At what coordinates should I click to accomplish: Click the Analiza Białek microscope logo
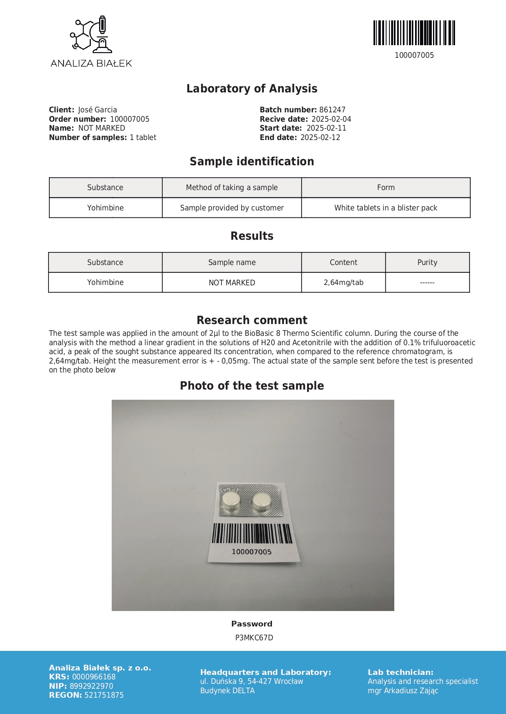[91, 35]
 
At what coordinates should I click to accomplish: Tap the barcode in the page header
[414, 33]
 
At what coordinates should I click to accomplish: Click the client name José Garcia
[97, 110]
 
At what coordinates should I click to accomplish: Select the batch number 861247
[332, 110]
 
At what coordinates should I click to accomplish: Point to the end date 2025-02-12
[320, 138]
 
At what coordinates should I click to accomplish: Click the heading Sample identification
[252, 162]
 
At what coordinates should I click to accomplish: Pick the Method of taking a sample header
[232, 188]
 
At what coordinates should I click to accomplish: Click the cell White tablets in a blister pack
[386, 208]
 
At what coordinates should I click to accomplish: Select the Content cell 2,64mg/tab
[343, 283]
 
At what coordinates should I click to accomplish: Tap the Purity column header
[427, 263]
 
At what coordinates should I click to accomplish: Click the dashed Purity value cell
[427, 283]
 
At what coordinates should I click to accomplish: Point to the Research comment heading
[252, 320]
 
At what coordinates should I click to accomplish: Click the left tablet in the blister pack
[231, 501]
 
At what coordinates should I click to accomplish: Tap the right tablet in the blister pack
[262, 502]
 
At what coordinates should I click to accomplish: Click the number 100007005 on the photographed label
[252, 552]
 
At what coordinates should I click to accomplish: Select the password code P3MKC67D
[254, 638]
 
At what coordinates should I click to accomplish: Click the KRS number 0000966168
[94, 677]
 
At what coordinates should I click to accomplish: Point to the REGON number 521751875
[104, 695]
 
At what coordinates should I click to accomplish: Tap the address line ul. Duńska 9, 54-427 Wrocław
[252, 681]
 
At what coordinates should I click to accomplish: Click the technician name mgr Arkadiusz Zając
[403, 691]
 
